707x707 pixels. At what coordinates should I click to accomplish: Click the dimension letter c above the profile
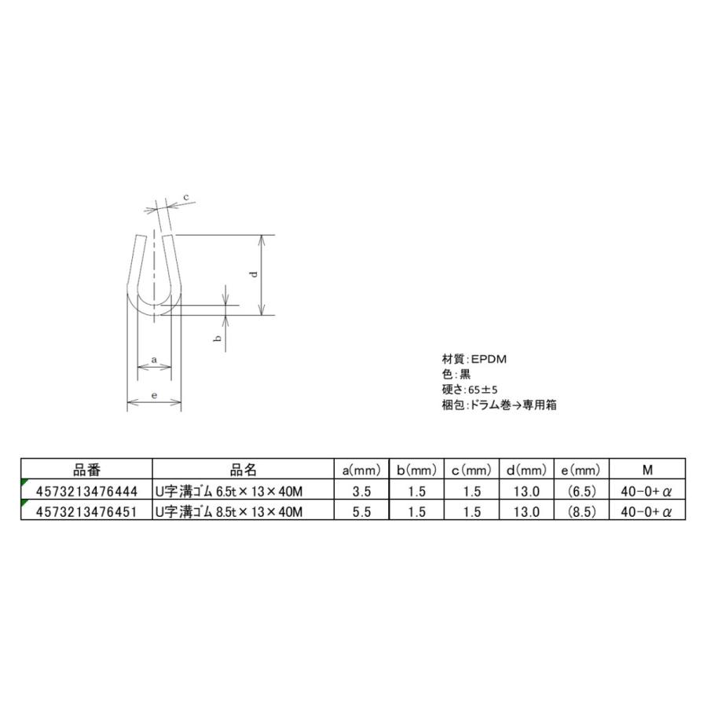coord(186,196)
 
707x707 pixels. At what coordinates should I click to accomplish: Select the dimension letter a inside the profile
coord(155,360)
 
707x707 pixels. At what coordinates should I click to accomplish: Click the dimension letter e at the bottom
coord(155,397)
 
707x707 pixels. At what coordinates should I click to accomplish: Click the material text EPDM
coord(488,358)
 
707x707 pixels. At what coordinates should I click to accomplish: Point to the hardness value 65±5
coord(482,389)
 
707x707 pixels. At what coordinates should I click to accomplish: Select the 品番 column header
coord(86,470)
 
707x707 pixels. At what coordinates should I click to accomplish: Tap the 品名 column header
coord(244,470)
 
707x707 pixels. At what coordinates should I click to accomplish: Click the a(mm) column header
coord(362,471)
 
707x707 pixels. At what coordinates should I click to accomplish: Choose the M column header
coord(647,471)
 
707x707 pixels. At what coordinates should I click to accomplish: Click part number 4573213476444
coord(86,492)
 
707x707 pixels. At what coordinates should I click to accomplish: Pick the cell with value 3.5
coord(362,492)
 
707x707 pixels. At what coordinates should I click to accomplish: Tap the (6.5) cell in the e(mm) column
coord(582,492)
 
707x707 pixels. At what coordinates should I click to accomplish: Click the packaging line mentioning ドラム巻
coord(500,405)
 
